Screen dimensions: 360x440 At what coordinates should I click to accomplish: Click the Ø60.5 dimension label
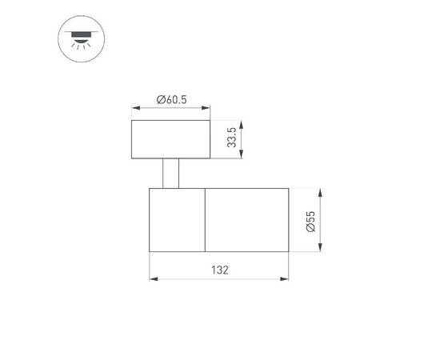pyautogui.click(x=172, y=99)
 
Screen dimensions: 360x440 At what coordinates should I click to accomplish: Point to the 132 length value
pyautogui.click(x=220, y=270)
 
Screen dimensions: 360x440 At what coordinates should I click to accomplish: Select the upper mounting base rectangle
pyautogui.click(x=170, y=139)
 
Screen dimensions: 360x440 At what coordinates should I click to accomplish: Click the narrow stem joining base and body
pyautogui.click(x=170, y=174)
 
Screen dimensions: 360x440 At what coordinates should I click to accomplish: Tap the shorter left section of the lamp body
pyautogui.click(x=177, y=220)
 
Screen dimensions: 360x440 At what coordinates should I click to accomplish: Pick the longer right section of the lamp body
pyautogui.click(x=247, y=220)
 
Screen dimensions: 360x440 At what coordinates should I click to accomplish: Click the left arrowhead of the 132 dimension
pyautogui.click(x=153, y=279)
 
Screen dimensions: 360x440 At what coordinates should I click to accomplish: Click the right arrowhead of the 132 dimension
pyautogui.click(x=286, y=279)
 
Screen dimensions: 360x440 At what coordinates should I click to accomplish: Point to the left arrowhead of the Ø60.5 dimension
pyautogui.click(x=134, y=108)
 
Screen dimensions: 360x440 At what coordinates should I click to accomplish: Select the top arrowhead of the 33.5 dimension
pyautogui.click(x=242, y=123)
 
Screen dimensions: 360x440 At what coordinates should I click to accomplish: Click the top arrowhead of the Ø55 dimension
pyautogui.click(x=320, y=192)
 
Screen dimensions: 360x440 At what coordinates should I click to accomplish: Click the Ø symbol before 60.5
pyautogui.click(x=161, y=99)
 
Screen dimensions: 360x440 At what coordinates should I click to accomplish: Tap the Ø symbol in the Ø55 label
pyautogui.click(x=310, y=230)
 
